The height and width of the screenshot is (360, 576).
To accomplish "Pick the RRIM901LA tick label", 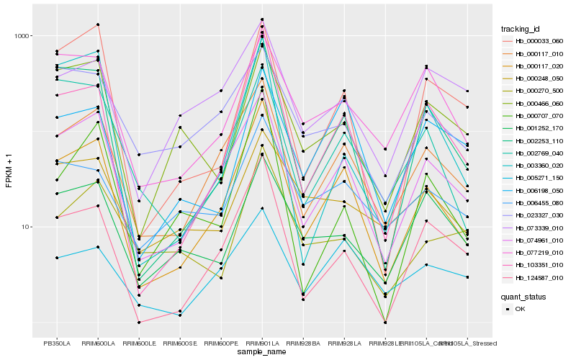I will pos(262,343).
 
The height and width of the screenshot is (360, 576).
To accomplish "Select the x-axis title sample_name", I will pos(262,353).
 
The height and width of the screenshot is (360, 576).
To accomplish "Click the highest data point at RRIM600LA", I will pos(98,24).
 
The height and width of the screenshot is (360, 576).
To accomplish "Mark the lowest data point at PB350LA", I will pos(57,258).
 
